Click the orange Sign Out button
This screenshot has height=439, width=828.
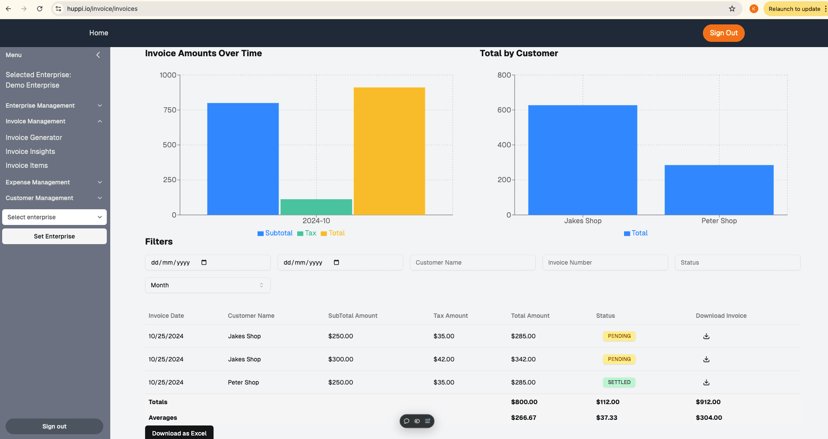[x=723, y=33]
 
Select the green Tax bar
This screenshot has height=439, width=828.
[x=316, y=207]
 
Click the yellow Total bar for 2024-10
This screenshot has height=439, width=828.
[x=389, y=151]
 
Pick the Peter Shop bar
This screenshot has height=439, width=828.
[x=719, y=190]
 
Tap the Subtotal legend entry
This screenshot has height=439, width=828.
[x=275, y=233]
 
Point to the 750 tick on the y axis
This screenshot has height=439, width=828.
[x=170, y=110]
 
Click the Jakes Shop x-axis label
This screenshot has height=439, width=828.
[x=583, y=221]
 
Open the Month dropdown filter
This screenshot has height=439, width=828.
[x=208, y=285]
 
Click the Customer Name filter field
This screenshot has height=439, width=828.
[x=473, y=262]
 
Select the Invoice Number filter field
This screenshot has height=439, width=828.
[x=605, y=262]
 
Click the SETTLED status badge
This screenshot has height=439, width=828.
[x=619, y=382]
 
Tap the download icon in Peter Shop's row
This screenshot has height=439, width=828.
[x=706, y=382]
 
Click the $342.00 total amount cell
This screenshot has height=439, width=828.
[x=523, y=359]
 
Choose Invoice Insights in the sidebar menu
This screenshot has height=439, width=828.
[x=31, y=152]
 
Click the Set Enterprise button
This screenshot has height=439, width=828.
[x=54, y=236]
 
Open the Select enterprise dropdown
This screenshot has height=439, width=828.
[x=54, y=217]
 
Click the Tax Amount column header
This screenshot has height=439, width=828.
[x=451, y=316]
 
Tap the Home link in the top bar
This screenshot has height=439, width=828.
[x=99, y=33]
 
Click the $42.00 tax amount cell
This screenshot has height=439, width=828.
[x=444, y=359]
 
